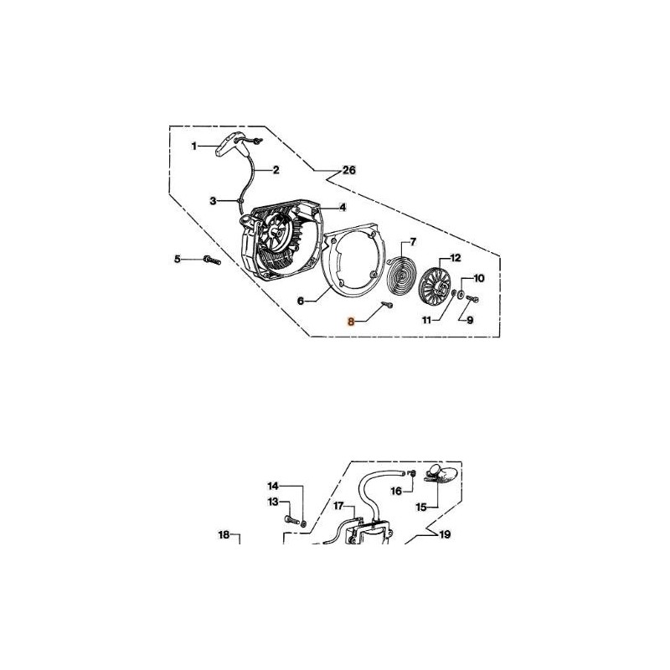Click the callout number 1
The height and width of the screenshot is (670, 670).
click(x=193, y=146)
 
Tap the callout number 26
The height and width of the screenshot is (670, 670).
click(x=349, y=170)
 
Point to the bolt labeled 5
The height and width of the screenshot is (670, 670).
click(x=208, y=261)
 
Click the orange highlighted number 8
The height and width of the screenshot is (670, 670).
click(x=352, y=320)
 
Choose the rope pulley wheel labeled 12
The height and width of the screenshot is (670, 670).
click(x=438, y=285)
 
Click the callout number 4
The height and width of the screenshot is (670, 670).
click(x=343, y=207)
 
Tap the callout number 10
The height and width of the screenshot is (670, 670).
click(x=479, y=277)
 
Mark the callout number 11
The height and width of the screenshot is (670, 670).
click(x=427, y=320)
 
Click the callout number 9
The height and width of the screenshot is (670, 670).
click(x=470, y=320)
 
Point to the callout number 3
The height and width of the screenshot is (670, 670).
click(x=213, y=201)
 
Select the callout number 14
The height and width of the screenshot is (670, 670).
click(x=272, y=486)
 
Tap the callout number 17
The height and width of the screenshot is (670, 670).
click(x=338, y=506)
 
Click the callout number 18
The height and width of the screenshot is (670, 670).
click(x=224, y=533)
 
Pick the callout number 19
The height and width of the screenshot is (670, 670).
click(x=445, y=533)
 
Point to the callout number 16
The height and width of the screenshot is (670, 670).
click(x=397, y=491)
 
